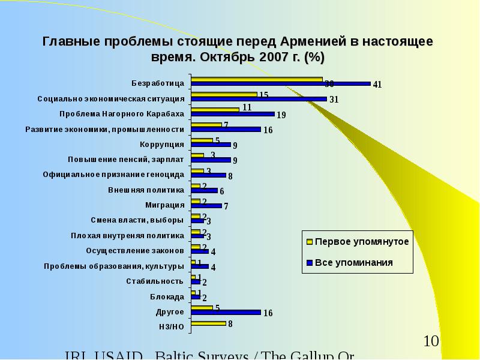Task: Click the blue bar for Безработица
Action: [x=280, y=83]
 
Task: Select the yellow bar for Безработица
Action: [x=256, y=79]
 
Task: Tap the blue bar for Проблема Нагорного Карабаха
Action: [x=232, y=114]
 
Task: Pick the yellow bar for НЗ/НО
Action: [x=208, y=323]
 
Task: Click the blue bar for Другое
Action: [x=226, y=312]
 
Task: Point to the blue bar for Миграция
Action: [x=206, y=206]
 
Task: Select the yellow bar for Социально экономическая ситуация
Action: [x=224, y=94]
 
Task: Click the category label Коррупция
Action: [x=161, y=144]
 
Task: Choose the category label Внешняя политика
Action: [x=146, y=190]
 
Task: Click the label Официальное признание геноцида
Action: [x=113, y=175]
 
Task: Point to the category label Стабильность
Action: [x=154, y=281]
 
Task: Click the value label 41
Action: [x=377, y=85]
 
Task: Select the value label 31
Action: [x=334, y=100]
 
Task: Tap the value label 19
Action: [x=281, y=115]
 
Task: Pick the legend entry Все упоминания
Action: [x=354, y=262]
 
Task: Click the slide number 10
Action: [x=431, y=341]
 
